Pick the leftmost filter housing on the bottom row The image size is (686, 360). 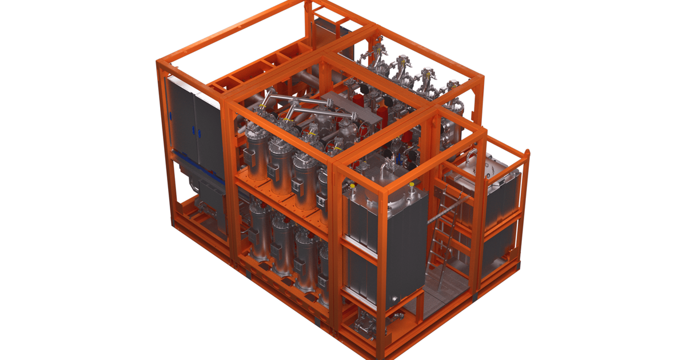click(258, 229)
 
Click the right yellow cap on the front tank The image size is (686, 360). click(411, 185)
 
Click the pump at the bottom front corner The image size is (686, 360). click(364, 326)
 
